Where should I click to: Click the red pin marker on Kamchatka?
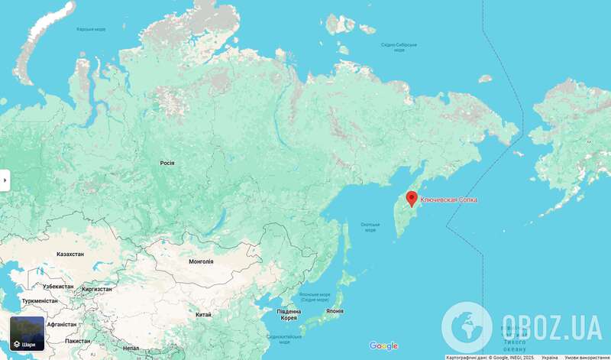(412, 199)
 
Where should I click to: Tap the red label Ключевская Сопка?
(448, 199)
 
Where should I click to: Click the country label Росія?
(167, 163)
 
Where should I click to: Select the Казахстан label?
(70, 253)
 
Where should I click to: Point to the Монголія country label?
(201, 261)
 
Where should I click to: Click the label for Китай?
(203, 314)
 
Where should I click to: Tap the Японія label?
(333, 311)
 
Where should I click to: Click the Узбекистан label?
(58, 286)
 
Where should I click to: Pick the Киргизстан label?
(97, 289)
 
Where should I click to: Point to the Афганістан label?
(62, 324)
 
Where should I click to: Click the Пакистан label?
(78, 340)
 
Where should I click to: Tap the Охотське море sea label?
(370, 227)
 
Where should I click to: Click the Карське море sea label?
(91, 29)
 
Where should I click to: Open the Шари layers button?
(27, 333)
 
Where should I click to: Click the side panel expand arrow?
(5, 180)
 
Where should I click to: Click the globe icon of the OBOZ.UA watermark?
(467, 327)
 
